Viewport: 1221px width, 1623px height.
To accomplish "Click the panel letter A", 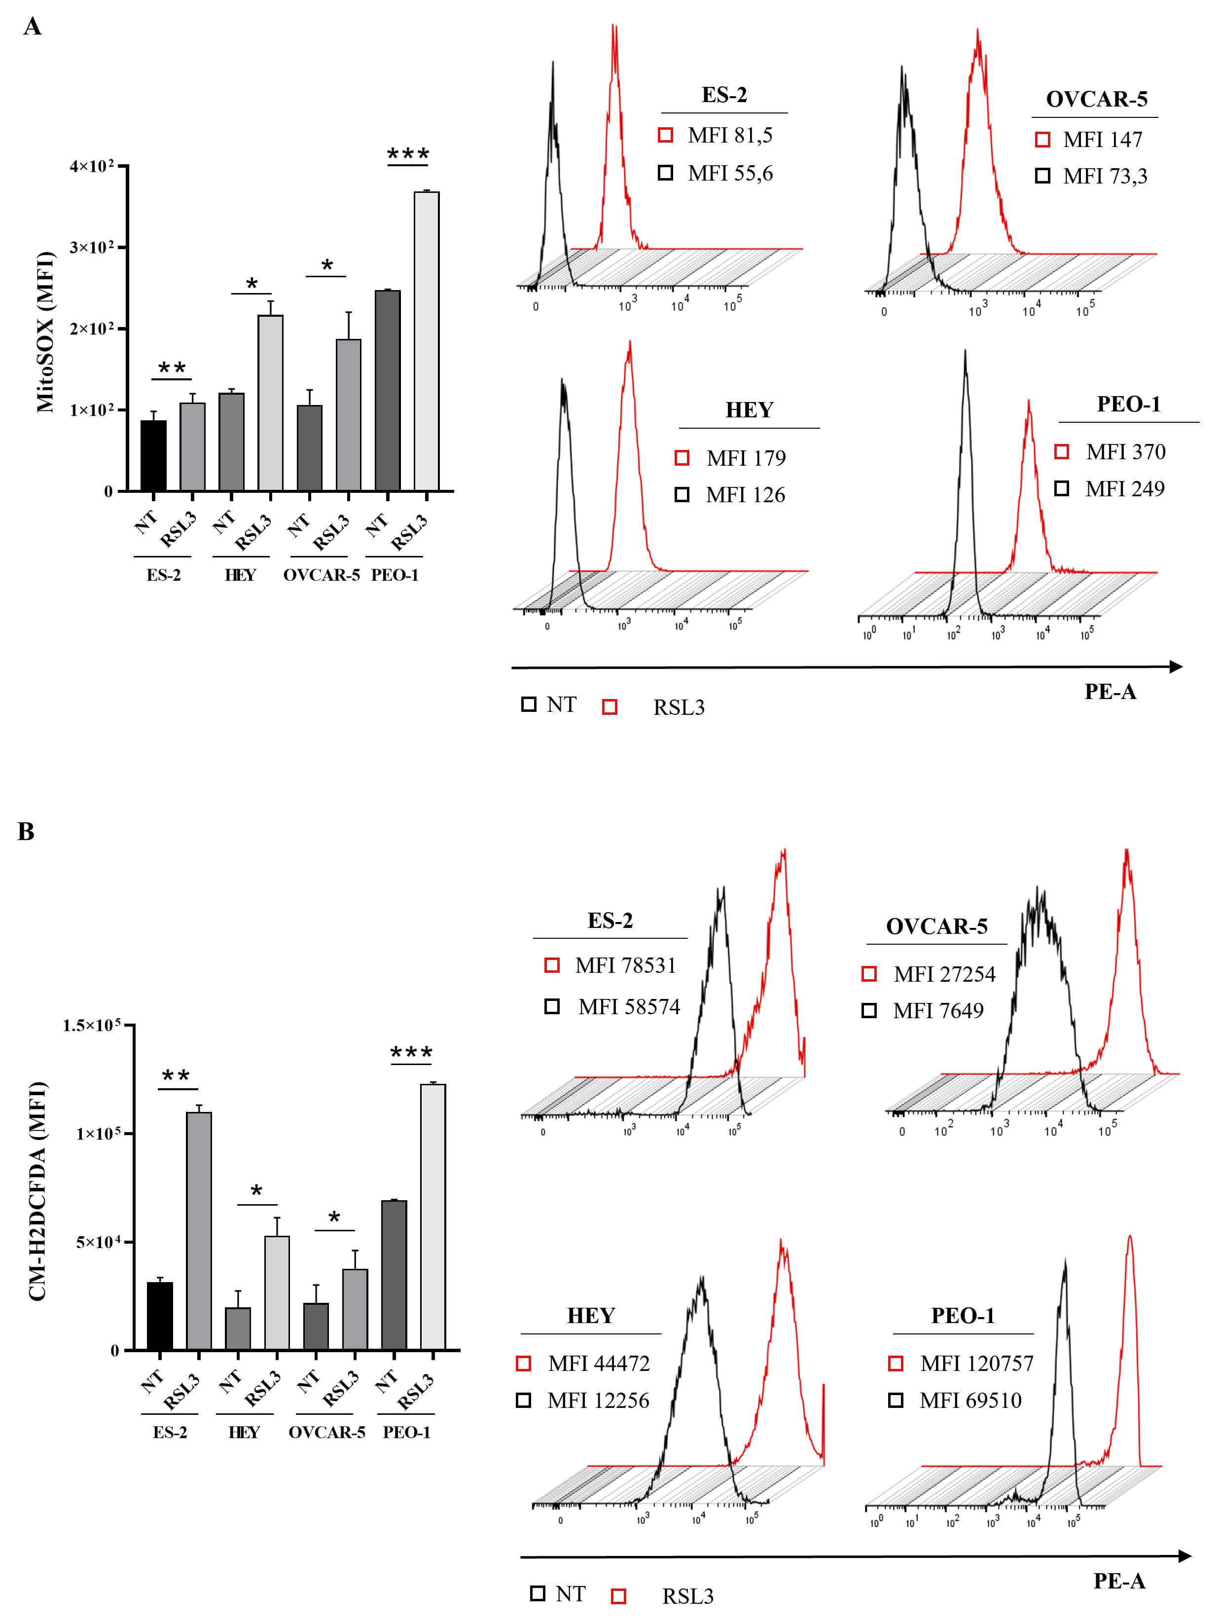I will (x=32, y=27).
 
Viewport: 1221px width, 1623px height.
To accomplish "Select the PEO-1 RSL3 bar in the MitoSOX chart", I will (x=426, y=341).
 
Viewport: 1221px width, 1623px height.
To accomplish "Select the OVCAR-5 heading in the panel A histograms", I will (x=1096, y=99).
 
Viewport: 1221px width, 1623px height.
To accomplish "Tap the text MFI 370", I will (x=1125, y=452).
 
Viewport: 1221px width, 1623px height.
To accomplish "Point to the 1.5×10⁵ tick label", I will (x=92, y=1025).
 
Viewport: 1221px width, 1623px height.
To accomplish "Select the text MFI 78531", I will (x=625, y=965).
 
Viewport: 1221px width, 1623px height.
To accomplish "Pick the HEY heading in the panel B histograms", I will (x=590, y=1316).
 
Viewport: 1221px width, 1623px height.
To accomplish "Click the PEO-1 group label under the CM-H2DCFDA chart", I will (x=406, y=1432).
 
